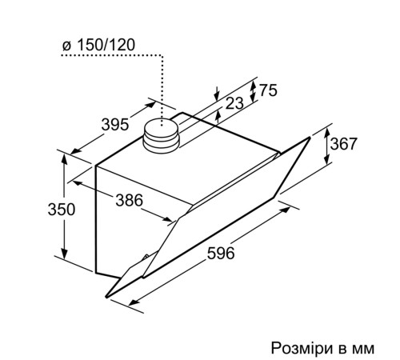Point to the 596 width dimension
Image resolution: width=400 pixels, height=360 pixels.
point(221,254)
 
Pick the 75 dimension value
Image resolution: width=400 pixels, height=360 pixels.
point(267,91)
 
